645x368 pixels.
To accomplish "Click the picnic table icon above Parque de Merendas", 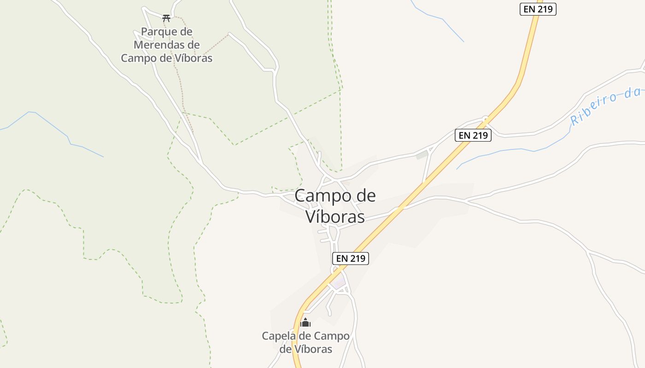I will point(166,18).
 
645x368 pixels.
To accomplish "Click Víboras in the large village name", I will point(335,217).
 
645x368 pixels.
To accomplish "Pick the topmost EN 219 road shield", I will point(538,9).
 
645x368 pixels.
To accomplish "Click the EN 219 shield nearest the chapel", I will point(351,258).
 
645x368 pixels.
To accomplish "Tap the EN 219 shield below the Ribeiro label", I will point(473,135).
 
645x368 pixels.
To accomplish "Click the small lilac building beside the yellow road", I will point(340,283).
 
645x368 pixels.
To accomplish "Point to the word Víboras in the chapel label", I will point(312,350).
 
